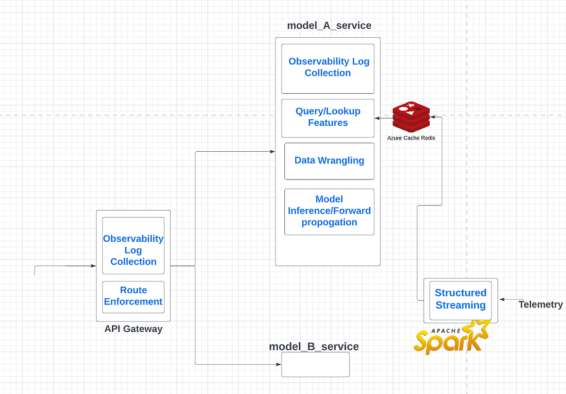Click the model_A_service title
click(x=329, y=25)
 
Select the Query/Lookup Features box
click(x=328, y=117)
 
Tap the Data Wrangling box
click(x=329, y=161)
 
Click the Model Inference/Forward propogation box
click(x=329, y=211)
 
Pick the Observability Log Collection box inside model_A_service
click(x=328, y=68)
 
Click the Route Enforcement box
click(x=133, y=296)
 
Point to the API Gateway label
click(x=133, y=329)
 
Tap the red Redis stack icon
click(x=411, y=116)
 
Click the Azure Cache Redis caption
click(x=411, y=138)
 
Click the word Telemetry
click(x=541, y=304)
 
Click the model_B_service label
click(x=314, y=347)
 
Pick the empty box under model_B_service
click(x=315, y=364)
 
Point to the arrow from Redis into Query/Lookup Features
click(x=383, y=118)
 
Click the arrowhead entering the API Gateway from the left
click(x=93, y=266)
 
